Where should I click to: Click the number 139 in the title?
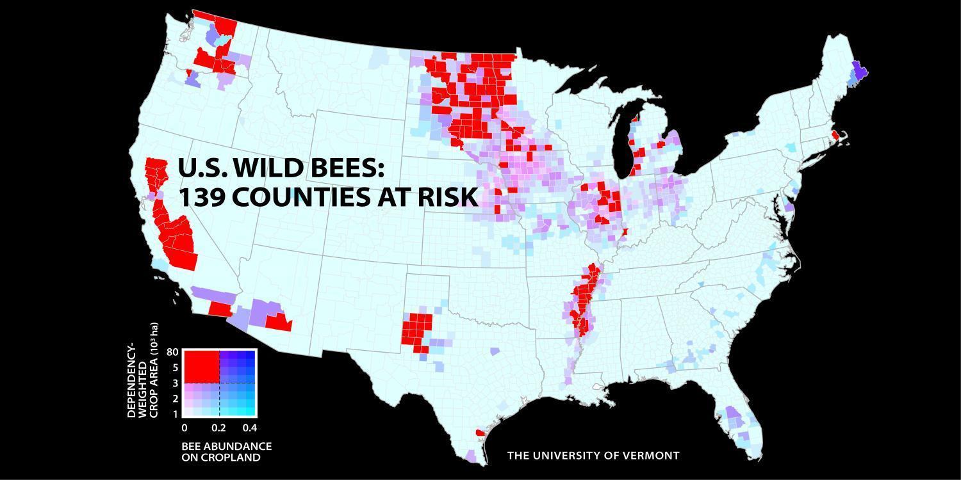click(x=201, y=197)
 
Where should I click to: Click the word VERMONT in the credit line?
click(x=651, y=456)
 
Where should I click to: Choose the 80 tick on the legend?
click(x=172, y=352)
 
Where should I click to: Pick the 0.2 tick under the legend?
click(x=218, y=428)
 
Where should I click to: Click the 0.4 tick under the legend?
click(x=249, y=428)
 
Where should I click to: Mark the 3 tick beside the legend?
click(x=175, y=383)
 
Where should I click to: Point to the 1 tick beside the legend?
click(x=175, y=413)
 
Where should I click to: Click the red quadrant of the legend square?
click(x=201, y=367)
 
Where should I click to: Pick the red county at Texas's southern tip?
click(x=480, y=433)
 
